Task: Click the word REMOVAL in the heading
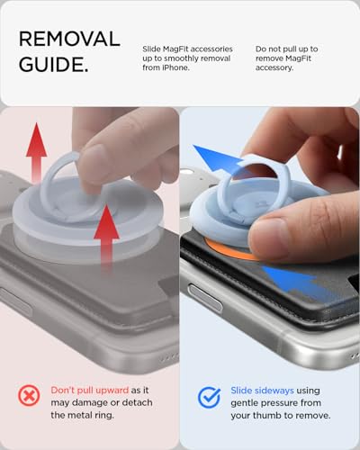pos(69,39)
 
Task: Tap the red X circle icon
pos(29,396)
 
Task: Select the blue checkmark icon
pos(209,397)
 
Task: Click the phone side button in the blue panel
pos(205,298)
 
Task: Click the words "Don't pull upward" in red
pos(90,390)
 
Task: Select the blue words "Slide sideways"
pos(262,391)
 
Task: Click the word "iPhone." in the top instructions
pos(175,67)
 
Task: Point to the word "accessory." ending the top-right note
pos(274,68)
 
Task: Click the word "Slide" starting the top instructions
pos(151,49)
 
